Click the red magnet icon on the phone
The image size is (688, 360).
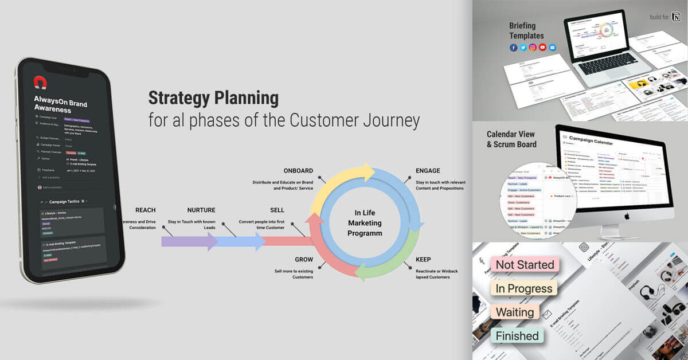pyautogui.click(x=40, y=83)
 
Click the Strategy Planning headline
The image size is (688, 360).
pyautogui.click(x=213, y=97)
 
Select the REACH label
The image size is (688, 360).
pyautogui.click(x=145, y=210)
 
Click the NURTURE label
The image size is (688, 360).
pyautogui.click(x=201, y=210)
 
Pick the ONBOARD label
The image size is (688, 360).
pyautogui.click(x=298, y=171)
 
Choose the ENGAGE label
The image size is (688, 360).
pyautogui.click(x=428, y=171)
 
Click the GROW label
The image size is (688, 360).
pyautogui.click(x=304, y=260)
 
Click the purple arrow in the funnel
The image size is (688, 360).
pyautogui.click(x=186, y=241)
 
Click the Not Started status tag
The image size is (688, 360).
pyautogui.click(x=525, y=264)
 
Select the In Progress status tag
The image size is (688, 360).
pyautogui.click(x=523, y=288)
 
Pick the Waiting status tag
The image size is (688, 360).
pyautogui.click(x=514, y=312)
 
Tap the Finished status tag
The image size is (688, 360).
pyautogui.click(x=517, y=336)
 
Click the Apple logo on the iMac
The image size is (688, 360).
pyautogui.click(x=627, y=216)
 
